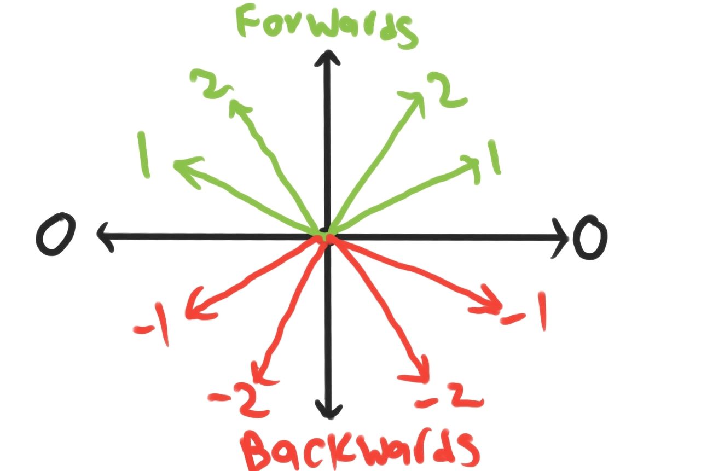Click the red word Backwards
(361, 449)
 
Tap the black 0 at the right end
(590, 238)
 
